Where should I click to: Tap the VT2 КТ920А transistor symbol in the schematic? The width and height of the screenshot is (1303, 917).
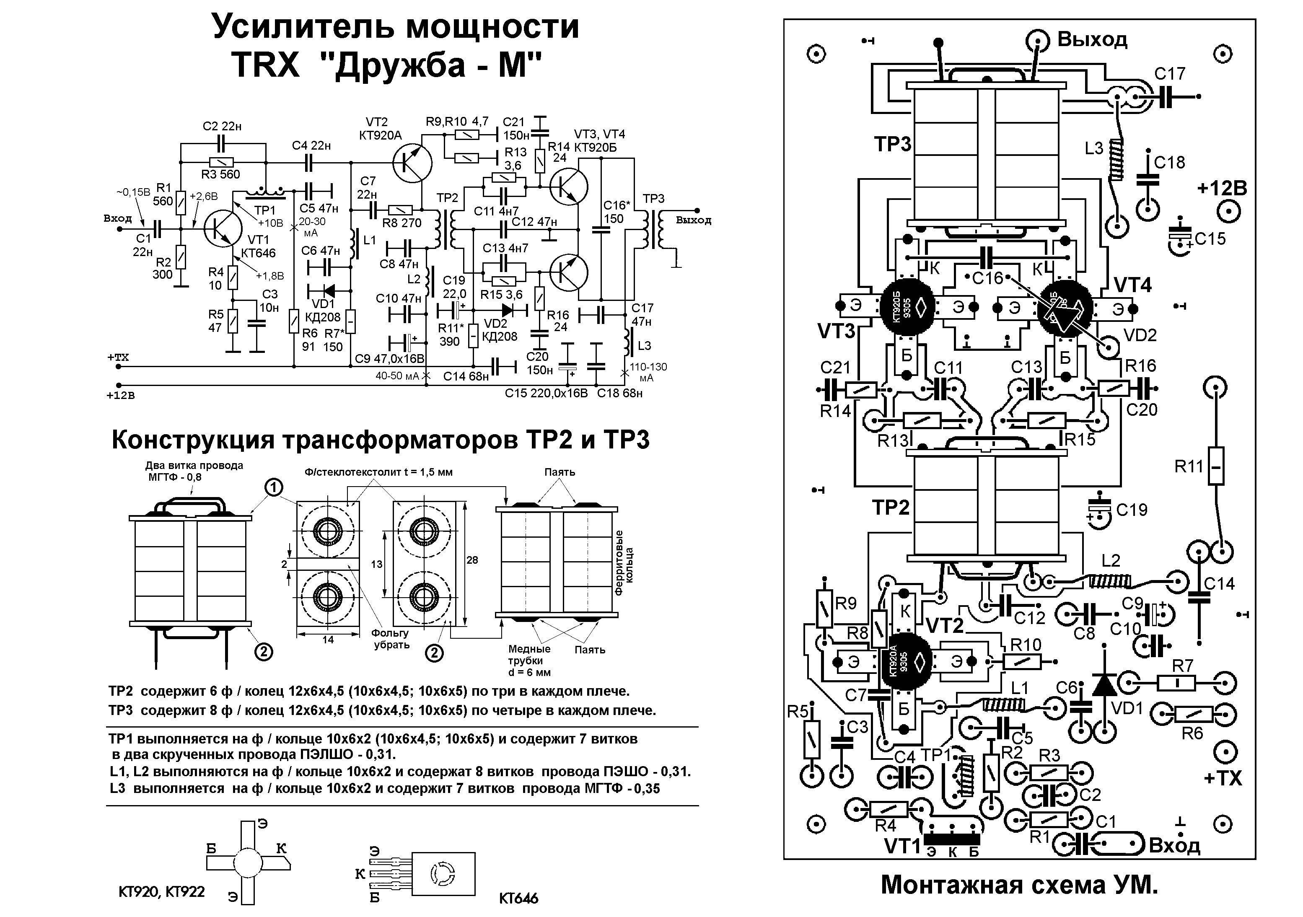click(412, 163)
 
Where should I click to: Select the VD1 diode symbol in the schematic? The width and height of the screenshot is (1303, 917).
click(329, 290)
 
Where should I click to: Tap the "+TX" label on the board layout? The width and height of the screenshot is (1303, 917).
click(1223, 778)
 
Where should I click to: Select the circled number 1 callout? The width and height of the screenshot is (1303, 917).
click(273, 487)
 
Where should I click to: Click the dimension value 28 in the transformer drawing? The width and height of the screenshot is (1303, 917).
click(471, 560)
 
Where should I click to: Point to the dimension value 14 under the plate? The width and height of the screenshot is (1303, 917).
click(328, 640)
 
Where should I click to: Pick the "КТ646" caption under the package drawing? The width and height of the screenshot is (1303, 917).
click(518, 898)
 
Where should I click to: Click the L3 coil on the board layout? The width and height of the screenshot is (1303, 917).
click(1116, 159)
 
